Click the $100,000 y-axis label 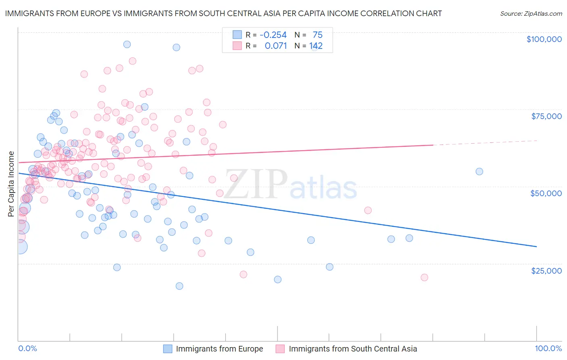pyautogui.click(x=544, y=39)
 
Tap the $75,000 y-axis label pyautogui.click(x=546, y=116)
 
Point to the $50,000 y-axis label pyautogui.click(x=546, y=193)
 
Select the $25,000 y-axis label pyautogui.click(x=546, y=270)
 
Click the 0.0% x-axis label pyautogui.click(x=27, y=348)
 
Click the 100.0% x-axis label pyautogui.click(x=548, y=348)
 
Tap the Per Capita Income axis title pyautogui.click(x=11, y=184)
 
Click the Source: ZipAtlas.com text pyautogui.click(x=531, y=13)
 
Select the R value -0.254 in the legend pyautogui.click(x=273, y=35)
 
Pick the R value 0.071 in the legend pyautogui.click(x=275, y=46)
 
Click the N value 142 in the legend pyautogui.click(x=316, y=46)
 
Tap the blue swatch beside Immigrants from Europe pyautogui.click(x=167, y=349)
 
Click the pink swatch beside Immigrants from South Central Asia pyautogui.click(x=280, y=349)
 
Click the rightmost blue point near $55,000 pyautogui.click(x=479, y=172)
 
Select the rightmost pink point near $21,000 pyautogui.click(x=424, y=277)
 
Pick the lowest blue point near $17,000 pyautogui.click(x=179, y=286)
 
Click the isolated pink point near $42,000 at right pyautogui.click(x=368, y=210)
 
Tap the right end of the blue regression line pyautogui.click(x=536, y=246)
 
